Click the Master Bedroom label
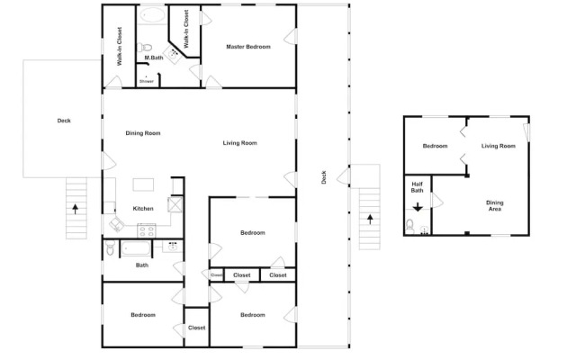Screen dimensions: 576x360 point(248,47)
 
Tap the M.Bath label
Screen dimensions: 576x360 point(154,58)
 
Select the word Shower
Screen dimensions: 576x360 point(147,81)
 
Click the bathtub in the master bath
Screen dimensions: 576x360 point(153,15)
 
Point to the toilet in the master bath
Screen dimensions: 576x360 point(144,48)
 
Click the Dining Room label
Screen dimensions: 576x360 point(143,133)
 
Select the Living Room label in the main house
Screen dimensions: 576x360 point(240,143)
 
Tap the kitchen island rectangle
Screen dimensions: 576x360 point(143,184)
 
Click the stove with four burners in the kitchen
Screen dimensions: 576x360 point(146,230)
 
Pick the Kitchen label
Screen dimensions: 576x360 point(143,209)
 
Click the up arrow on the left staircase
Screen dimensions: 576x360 point(76,209)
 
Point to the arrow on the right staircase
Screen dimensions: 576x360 point(370,220)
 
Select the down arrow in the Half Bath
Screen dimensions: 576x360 point(418,207)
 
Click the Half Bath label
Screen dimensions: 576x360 point(418,187)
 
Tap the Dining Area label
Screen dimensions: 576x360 point(495,206)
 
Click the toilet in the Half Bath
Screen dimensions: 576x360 point(410,226)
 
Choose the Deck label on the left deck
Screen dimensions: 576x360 point(64,121)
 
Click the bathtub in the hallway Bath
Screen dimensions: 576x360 point(136,248)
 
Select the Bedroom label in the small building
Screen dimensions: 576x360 point(435,146)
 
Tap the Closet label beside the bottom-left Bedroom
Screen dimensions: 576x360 point(196,328)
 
